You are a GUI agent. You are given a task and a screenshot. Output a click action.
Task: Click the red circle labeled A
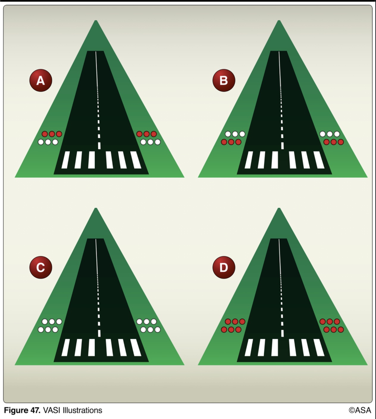pos(41,80)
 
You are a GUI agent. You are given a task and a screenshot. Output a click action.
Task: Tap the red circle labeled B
pos(224,80)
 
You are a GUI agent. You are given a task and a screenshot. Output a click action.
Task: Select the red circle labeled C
pos(41,268)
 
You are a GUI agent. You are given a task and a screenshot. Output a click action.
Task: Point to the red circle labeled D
pos(224,268)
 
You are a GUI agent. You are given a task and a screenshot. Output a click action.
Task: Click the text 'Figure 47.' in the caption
pos(22,410)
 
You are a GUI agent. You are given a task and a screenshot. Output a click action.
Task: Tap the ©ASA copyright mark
pos(360,410)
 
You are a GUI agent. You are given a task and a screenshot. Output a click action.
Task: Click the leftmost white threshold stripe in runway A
pos(65,160)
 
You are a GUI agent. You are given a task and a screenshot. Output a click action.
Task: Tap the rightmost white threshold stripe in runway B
pos(319,160)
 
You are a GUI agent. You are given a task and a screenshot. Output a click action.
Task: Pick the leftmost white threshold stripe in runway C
pos(65,348)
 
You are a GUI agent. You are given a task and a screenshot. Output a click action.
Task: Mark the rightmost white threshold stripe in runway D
pos(319,348)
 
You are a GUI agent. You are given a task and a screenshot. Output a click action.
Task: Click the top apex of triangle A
pos(96,20)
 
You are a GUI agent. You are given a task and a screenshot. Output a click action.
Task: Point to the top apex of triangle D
pos(279,208)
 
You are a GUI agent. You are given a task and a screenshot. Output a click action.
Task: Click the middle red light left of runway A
pos(52,134)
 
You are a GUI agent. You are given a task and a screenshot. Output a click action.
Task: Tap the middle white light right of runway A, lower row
pos(150,142)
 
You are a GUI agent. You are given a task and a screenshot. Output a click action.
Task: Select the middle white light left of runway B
pos(235,134)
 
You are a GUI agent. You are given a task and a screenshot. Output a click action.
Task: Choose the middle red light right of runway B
pos(333,142)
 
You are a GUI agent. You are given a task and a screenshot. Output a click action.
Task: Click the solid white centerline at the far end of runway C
pos(97,257)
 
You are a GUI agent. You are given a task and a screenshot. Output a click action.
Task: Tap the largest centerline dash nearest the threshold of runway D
pos(283,333)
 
